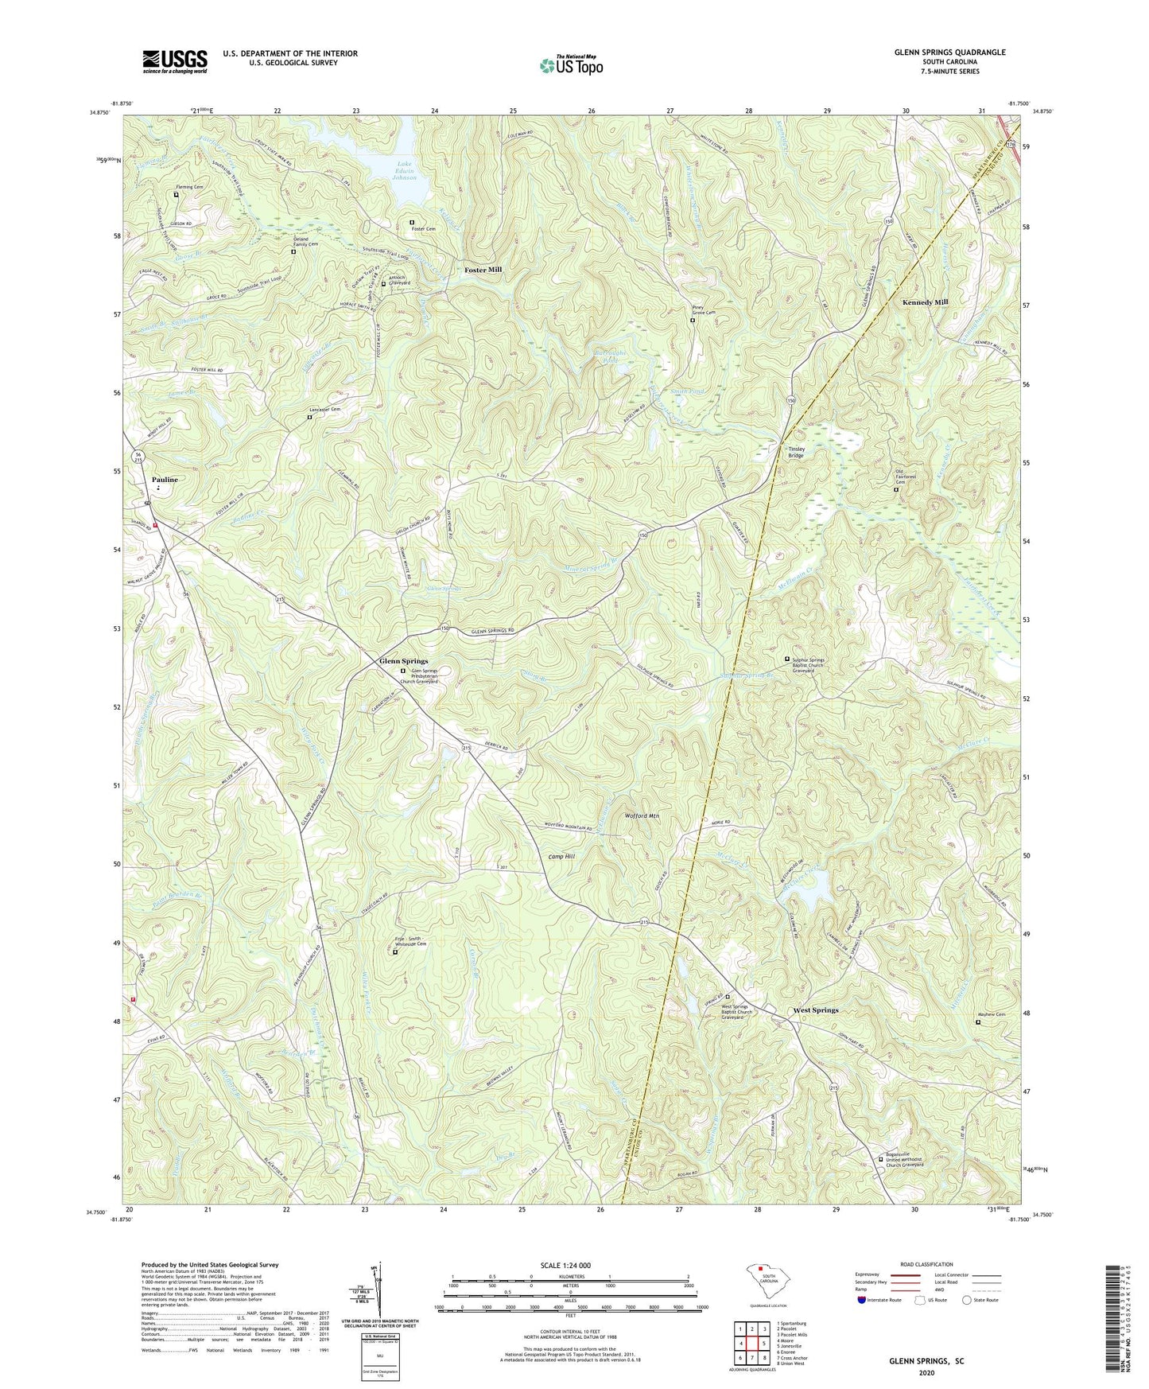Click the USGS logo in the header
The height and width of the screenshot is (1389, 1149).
coord(175,60)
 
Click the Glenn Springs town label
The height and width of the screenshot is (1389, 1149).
coord(403,661)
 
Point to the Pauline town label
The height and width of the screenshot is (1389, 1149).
coord(165,480)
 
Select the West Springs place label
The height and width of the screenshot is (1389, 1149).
coord(815,1010)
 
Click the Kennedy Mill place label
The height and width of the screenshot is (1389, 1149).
coord(925,302)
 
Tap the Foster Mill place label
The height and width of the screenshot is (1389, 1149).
coord(483,270)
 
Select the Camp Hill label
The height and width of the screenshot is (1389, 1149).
coord(561,857)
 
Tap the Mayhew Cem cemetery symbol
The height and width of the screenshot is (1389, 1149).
coord(978,1023)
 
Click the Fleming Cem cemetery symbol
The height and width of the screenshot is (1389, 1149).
coord(177,194)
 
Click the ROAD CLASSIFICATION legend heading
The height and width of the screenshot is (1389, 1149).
coord(926,1264)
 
